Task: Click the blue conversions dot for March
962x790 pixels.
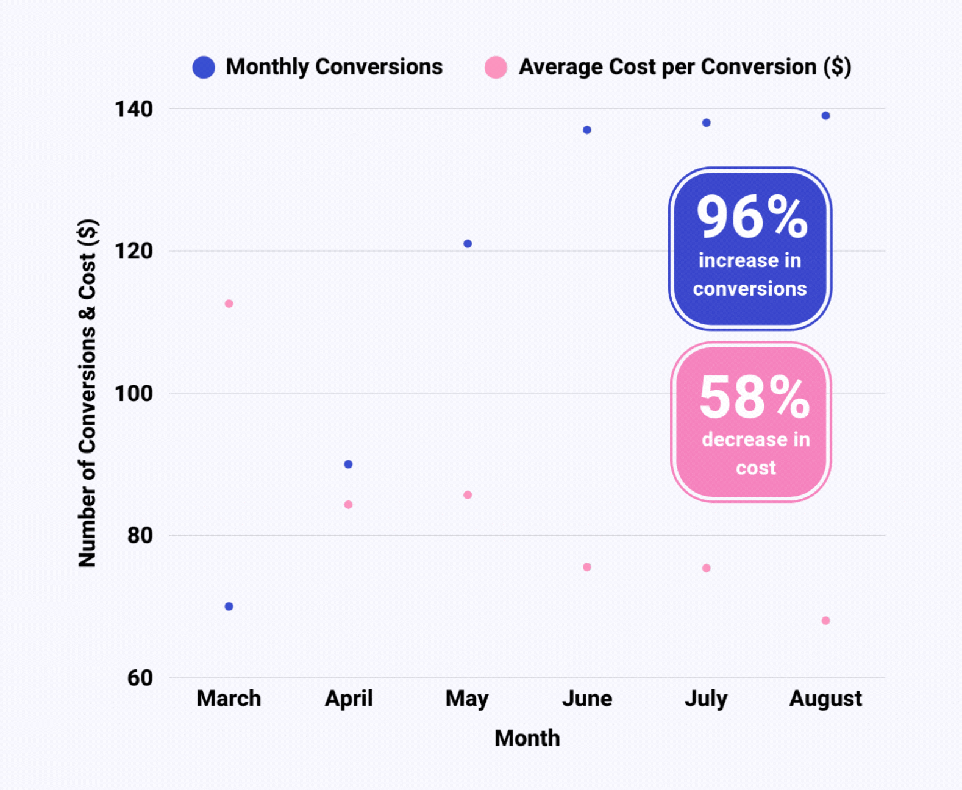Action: [x=229, y=606]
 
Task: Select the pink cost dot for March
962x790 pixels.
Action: [x=229, y=304]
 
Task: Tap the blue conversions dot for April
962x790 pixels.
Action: [x=348, y=464]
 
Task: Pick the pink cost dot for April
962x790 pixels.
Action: [x=348, y=505]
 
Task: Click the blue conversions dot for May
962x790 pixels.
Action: [x=468, y=244]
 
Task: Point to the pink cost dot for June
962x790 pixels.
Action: [x=587, y=567]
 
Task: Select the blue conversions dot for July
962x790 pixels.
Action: [x=706, y=123]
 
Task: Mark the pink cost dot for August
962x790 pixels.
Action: [x=825, y=621]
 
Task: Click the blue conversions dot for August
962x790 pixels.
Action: [x=825, y=116]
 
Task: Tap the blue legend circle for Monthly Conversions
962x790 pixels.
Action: [x=204, y=67]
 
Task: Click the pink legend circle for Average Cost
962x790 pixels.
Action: [x=496, y=67]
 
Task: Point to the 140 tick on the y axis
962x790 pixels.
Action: [x=134, y=109]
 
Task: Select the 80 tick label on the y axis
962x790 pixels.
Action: [x=140, y=535]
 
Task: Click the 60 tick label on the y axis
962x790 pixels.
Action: [x=140, y=677]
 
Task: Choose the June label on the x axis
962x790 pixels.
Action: [x=587, y=699]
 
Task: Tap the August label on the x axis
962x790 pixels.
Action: [x=825, y=699]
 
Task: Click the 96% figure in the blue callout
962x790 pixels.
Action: [x=752, y=217]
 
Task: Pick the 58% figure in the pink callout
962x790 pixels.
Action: [x=754, y=397]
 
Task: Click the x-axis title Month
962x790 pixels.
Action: [x=527, y=738]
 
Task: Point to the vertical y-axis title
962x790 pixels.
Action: [x=88, y=393]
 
